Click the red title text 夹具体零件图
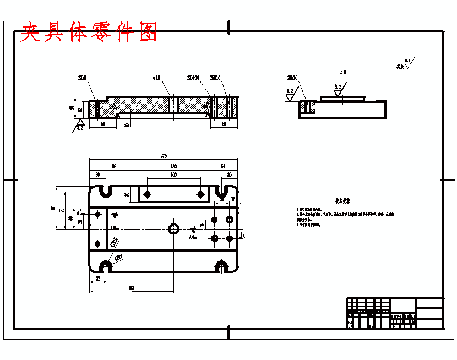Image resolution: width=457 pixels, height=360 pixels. [x=89, y=33]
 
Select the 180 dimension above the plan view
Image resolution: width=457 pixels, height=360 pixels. [x=173, y=166]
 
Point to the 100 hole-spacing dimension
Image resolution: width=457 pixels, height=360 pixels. [x=173, y=174]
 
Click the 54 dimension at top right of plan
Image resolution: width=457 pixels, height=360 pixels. [x=223, y=166]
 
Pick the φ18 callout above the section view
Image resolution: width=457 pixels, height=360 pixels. [x=156, y=78]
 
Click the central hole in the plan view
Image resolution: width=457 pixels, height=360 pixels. [x=174, y=228]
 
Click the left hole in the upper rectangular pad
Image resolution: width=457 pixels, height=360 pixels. [x=148, y=194]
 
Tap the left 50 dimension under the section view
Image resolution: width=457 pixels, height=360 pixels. [x=102, y=124]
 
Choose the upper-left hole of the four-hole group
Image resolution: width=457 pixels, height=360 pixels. [x=214, y=220]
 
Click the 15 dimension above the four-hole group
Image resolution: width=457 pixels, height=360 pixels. [x=233, y=199]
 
